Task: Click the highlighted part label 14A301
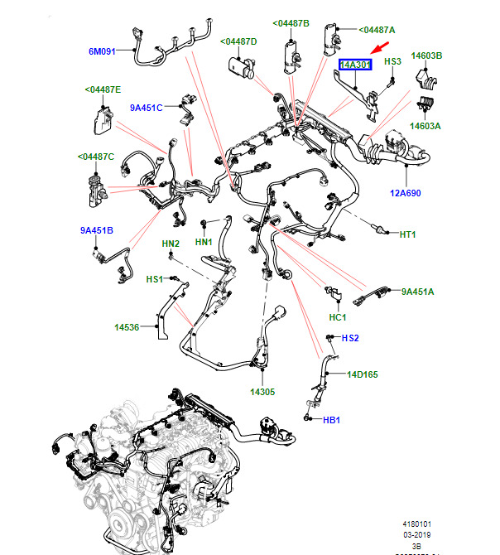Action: click(356, 64)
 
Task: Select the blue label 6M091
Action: click(103, 51)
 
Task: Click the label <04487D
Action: click(238, 41)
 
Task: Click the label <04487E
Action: click(103, 89)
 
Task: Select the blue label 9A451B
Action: click(97, 230)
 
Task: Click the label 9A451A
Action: click(418, 291)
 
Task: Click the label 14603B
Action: click(428, 55)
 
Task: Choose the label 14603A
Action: click(425, 127)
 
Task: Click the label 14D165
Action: click(362, 374)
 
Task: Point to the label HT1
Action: click(407, 234)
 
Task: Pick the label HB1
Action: click(331, 420)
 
